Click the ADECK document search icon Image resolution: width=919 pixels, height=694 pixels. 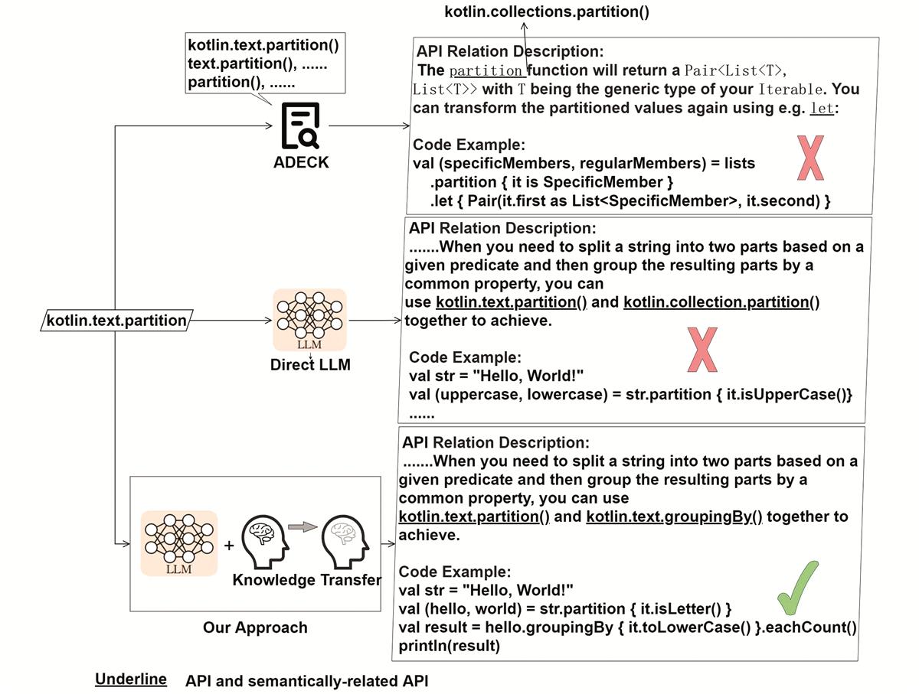pyautogui.click(x=300, y=125)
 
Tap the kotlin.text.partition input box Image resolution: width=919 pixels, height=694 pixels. pyautogui.click(x=116, y=321)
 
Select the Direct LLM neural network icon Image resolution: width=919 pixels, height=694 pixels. pyautogui.click(x=310, y=320)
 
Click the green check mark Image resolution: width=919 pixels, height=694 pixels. pyautogui.click(x=797, y=588)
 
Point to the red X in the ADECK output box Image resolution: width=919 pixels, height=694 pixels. pyautogui.click(x=810, y=158)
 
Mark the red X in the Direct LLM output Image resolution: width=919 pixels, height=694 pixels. pyautogui.click(x=702, y=350)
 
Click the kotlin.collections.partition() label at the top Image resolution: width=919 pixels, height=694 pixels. pyautogui.click(x=547, y=11)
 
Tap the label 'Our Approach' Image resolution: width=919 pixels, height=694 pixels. pyautogui.click(x=255, y=627)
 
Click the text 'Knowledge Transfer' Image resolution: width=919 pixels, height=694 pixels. pyautogui.click(x=307, y=580)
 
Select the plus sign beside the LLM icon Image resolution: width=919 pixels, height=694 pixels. pyautogui.click(x=228, y=546)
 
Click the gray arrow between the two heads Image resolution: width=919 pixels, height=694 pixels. pyautogui.click(x=303, y=526)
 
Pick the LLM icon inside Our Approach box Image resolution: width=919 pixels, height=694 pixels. pyautogui.click(x=178, y=543)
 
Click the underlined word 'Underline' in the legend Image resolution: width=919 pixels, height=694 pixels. pyautogui.click(x=131, y=679)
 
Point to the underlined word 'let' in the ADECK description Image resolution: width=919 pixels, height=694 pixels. pyautogui.click(x=822, y=109)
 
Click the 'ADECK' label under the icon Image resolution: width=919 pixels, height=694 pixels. pyautogui.click(x=301, y=162)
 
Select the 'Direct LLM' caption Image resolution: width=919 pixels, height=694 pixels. pyautogui.click(x=310, y=365)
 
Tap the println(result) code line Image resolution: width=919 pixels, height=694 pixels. pyautogui.click(x=450, y=646)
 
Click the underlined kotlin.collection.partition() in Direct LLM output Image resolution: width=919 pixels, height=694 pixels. pyautogui.click(x=721, y=302)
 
